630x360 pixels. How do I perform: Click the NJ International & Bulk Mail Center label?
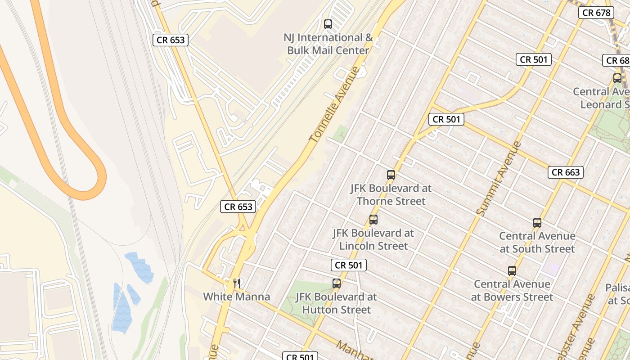tap(328, 44)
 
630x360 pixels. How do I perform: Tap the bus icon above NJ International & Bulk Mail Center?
tap(328, 24)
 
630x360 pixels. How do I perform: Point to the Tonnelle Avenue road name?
tap(335, 105)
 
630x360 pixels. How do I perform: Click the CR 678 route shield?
tap(597, 13)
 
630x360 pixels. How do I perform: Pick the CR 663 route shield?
tap(566, 172)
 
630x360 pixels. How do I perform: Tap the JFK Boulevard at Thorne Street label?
tap(391, 194)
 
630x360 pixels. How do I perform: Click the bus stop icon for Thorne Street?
tap(391, 175)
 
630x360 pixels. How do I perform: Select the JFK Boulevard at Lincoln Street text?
tap(373, 239)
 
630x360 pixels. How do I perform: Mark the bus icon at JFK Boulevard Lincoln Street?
tap(373, 220)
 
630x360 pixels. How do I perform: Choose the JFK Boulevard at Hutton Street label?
tap(336, 303)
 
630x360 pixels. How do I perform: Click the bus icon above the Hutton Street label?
tap(337, 283)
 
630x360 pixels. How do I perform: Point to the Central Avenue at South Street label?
tap(537, 242)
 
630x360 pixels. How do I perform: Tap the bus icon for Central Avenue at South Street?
tap(537, 222)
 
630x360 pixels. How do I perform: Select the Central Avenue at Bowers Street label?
tap(512, 290)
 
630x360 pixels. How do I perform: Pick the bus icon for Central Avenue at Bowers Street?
tap(512, 271)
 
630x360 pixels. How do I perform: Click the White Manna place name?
tap(236, 297)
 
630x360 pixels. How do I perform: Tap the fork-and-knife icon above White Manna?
tap(237, 283)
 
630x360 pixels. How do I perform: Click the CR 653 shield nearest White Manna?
tap(238, 207)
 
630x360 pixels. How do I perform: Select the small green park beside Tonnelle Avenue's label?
tap(341, 134)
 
